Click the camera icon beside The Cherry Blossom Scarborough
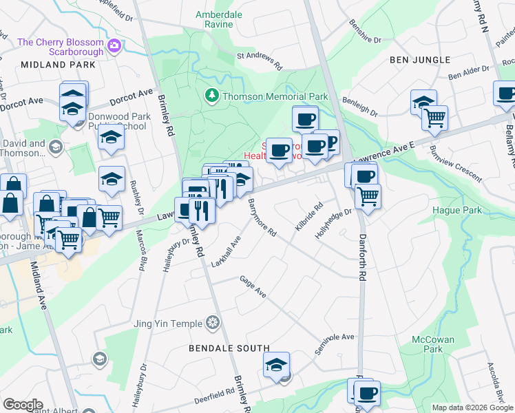[x=114, y=47]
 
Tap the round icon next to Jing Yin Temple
[x=213, y=324]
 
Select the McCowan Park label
[x=431, y=344]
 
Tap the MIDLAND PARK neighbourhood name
[x=58, y=64]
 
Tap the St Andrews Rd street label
[x=260, y=60]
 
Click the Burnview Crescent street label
[x=455, y=163]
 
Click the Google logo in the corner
[x=23, y=405]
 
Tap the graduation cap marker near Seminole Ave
[x=276, y=366]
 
